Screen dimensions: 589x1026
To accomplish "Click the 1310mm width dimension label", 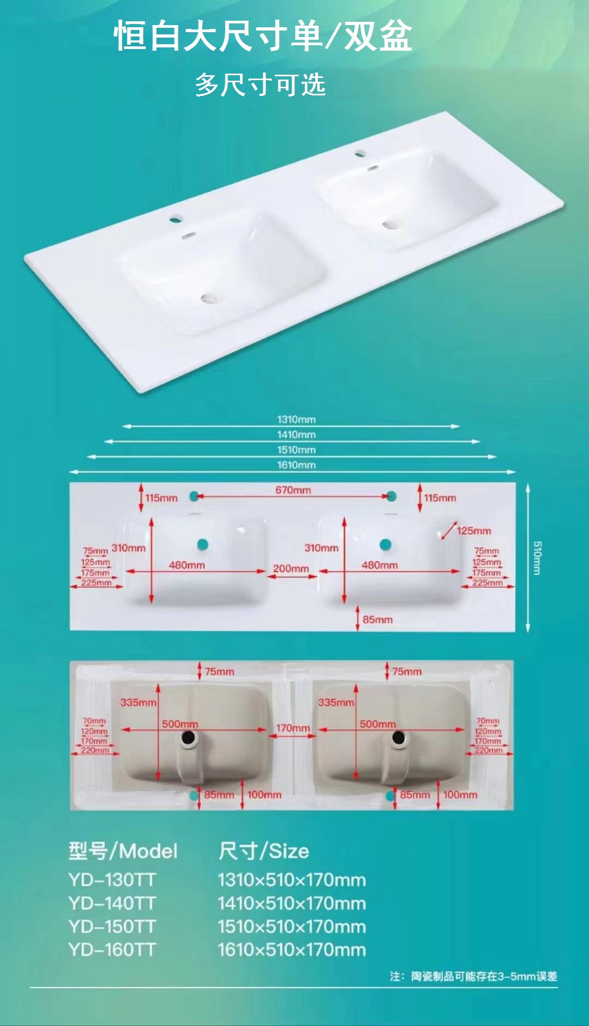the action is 296,419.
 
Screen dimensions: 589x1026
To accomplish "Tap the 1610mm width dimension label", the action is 296,465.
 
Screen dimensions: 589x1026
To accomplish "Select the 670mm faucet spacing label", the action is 293,490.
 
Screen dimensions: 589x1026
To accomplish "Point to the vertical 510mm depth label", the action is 537,558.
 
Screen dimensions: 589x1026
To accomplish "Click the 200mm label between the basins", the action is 291,569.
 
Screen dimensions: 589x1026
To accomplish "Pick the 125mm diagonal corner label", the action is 474,530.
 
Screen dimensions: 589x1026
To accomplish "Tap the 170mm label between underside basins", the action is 293,728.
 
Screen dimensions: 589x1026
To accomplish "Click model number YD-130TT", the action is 112,880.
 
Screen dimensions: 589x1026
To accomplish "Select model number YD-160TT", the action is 112,950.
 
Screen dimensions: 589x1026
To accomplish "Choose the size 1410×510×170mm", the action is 292,903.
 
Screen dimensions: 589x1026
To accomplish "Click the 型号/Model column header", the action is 123,851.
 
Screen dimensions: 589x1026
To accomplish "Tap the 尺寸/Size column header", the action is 263,851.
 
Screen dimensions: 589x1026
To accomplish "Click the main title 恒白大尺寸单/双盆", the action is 263,37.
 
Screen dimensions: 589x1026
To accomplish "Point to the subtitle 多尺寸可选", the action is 260,85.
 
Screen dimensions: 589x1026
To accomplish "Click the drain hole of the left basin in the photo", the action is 208,298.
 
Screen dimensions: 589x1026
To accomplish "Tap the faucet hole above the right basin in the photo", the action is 360,153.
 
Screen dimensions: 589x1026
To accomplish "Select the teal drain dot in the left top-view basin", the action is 203,544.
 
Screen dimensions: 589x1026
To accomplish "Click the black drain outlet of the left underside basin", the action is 189,738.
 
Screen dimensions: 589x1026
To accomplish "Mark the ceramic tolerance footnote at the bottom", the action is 473,976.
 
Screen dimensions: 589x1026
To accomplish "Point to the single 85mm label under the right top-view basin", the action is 377,620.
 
